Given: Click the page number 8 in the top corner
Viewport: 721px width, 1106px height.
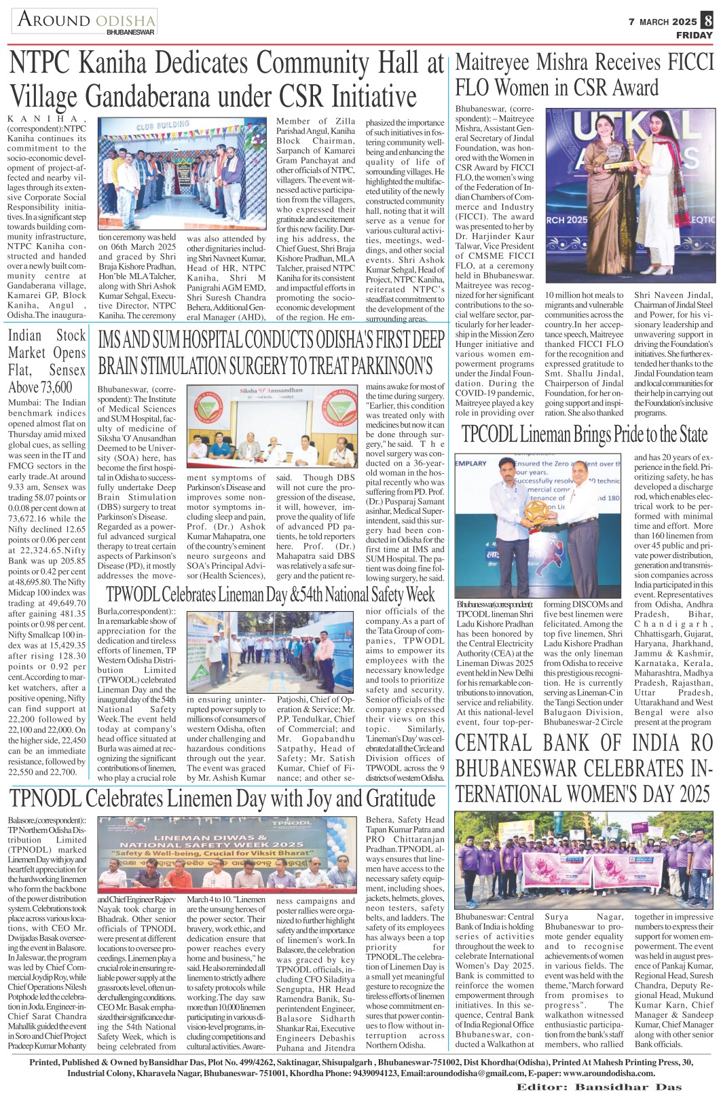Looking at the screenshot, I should [707, 21].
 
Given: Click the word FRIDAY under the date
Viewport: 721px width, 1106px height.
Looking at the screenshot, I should [694, 35].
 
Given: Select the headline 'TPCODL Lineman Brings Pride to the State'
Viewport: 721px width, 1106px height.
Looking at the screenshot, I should [585, 435].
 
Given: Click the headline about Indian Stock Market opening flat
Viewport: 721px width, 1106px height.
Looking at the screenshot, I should [47, 361].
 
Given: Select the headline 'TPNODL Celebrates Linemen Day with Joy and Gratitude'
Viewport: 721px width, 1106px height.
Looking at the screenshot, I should [223, 798].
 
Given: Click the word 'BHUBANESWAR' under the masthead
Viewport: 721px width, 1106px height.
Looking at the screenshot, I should [130, 32].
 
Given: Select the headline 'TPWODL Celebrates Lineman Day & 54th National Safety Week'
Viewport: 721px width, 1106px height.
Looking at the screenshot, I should [270, 595].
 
